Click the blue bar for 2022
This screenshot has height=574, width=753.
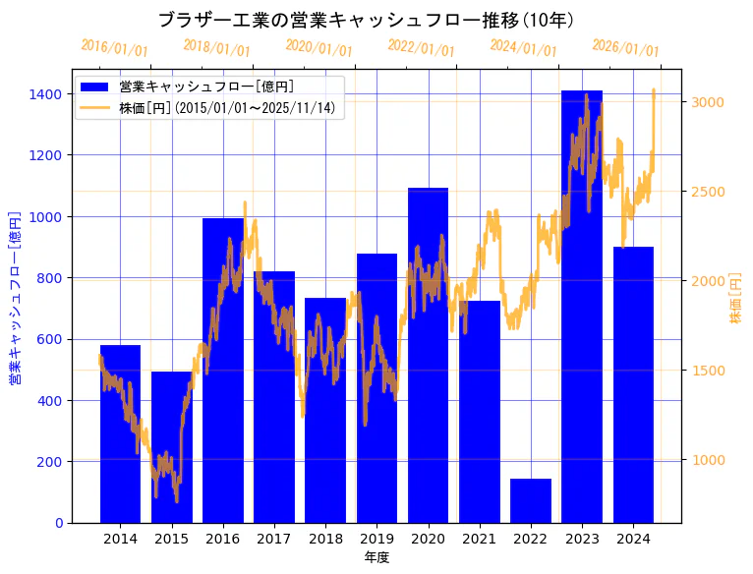click(x=530, y=500)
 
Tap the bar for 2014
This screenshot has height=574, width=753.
click(x=120, y=433)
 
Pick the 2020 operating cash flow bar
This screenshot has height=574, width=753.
click(x=428, y=355)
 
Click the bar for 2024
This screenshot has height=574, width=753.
click(x=633, y=384)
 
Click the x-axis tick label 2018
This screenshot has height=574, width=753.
click(x=325, y=539)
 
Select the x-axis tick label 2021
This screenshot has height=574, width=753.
click(x=479, y=539)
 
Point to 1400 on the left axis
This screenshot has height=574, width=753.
click(x=46, y=94)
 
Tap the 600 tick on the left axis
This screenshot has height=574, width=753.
click(x=50, y=339)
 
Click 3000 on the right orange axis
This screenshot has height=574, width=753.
click(x=709, y=102)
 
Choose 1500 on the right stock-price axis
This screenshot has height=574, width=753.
click(x=709, y=371)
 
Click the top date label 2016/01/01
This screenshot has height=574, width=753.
click(x=115, y=48)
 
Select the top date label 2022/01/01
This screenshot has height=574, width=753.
click(x=421, y=48)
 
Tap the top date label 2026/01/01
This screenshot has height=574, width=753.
click(x=625, y=48)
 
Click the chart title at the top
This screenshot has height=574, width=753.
click(x=366, y=20)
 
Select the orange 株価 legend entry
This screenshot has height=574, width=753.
click(x=231, y=108)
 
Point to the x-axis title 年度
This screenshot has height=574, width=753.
click(x=376, y=557)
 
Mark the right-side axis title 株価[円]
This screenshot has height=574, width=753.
click(x=735, y=299)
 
